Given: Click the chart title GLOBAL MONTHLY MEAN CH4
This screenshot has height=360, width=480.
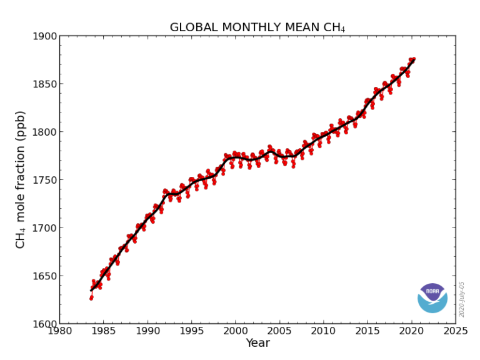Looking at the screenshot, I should click(x=257, y=27).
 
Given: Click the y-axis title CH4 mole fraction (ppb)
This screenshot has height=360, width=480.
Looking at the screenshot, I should click(x=21, y=179).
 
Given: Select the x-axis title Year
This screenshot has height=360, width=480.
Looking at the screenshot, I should click(x=257, y=343).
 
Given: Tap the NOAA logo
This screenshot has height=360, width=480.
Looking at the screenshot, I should click(x=432, y=297).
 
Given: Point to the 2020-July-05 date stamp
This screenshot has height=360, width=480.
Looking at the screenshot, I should click(x=462, y=299).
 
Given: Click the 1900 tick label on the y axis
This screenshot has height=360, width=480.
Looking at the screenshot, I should click(x=44, y=36).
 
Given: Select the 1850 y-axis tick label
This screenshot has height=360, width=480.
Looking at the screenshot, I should click(x=44, y=84).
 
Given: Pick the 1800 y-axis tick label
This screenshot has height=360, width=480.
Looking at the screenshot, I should click(x=44, y=132).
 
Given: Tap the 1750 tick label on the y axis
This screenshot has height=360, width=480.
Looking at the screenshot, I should click(x=44, y=180).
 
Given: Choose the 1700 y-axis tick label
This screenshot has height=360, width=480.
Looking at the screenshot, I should click(x=44, y=228).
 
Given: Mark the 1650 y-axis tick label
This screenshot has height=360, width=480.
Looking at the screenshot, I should click(x=44, y=276).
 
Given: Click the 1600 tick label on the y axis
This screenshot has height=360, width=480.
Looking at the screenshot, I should click(x=44, y=324).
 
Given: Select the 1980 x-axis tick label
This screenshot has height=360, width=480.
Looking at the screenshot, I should click(x=59, y=331).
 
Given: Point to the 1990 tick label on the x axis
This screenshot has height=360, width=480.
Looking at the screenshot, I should click(x=147, y=331).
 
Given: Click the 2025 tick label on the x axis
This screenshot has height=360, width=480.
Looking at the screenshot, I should click(x=455, y=331).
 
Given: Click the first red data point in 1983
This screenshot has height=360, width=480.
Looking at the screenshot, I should click(x=91, y=298).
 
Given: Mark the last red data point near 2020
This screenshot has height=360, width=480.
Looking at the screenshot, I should click(x=413, y=59).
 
